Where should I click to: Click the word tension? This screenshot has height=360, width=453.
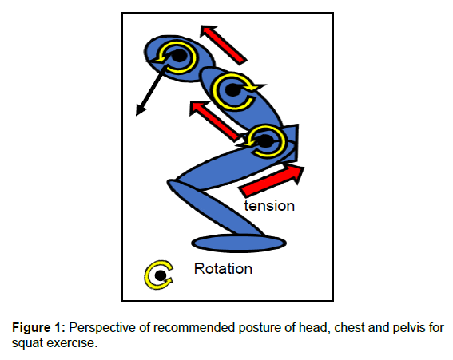(269, 206)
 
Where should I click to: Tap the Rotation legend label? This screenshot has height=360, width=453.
(223, 269)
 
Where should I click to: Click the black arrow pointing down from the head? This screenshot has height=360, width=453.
(151, 91)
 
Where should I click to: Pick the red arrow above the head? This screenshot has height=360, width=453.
(224, 45)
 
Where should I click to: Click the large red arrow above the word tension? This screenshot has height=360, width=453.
(272, 180)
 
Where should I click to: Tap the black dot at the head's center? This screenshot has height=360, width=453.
(178, 56)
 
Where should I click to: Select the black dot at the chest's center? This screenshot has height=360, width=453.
(232, 90)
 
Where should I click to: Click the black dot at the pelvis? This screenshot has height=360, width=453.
(265, 141)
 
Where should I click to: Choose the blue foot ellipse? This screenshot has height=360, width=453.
(239, 243)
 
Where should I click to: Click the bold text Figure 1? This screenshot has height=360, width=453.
(38, 328)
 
